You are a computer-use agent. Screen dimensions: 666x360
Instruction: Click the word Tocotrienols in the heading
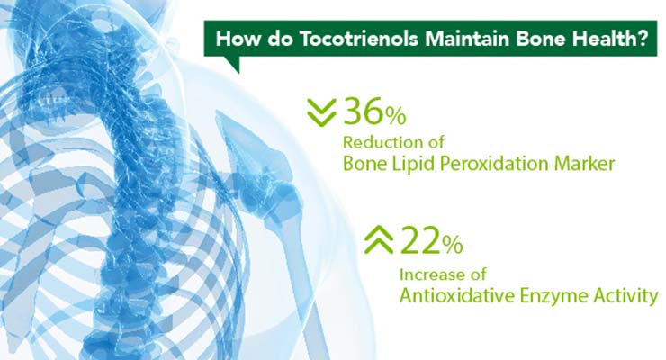[360, 39]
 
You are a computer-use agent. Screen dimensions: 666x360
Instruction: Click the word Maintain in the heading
[468, 39]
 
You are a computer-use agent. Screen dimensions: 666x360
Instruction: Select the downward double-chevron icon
[321, 112]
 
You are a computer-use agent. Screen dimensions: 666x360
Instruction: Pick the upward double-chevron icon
[378, 240]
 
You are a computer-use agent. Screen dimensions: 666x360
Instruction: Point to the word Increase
[428, 274]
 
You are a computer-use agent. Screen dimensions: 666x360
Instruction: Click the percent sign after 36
[396, 116]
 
